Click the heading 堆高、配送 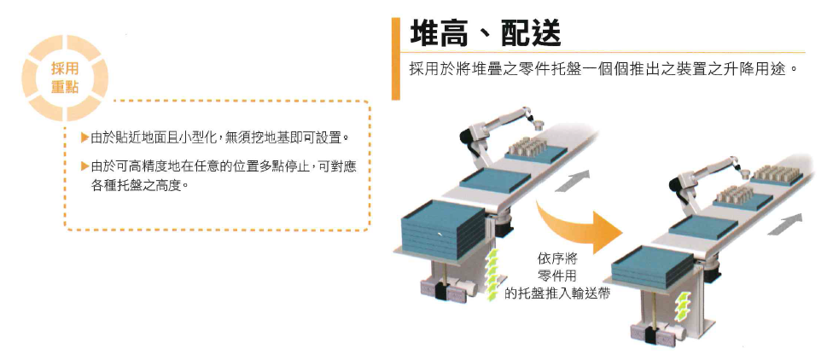[485, 34]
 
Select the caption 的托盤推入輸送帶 [556, 293]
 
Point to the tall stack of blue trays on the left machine [442, 229]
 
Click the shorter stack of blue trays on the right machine [652, 267]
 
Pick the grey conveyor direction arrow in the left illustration [572, 181]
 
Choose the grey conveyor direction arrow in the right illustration [785, 224]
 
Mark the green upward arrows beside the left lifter [494, 275]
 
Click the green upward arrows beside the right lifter [680, 306]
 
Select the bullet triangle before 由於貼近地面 [84, 138]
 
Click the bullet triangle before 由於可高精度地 [84, 166]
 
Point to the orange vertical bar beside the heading [396, 58]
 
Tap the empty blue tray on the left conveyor [495, 181]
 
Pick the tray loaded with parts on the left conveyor [535, 148]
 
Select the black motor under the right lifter [650, 335]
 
